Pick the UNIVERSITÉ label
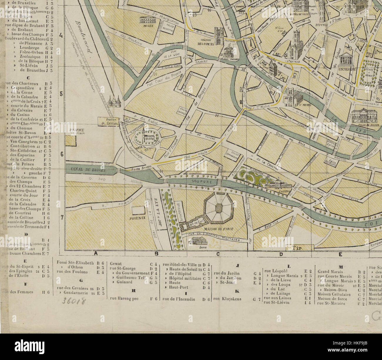pyautogui.click(x=346, y=70)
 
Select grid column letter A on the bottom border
pyautogui.click(x=95, y=253)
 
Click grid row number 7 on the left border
pyautogui.click(x=62, y=217)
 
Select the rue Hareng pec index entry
pyautogui.click(x=124, y=299)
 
